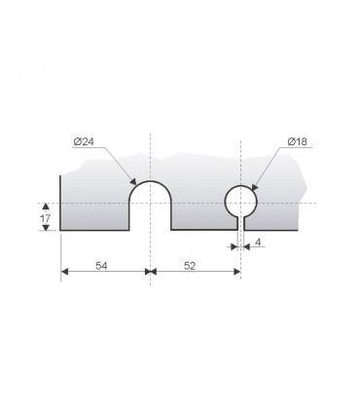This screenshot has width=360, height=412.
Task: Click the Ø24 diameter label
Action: tap(84, 141)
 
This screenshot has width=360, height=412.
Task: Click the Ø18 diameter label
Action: tap(297, 141)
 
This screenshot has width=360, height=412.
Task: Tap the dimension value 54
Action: tap(101, 266)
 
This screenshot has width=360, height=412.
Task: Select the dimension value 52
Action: tap(190, 266)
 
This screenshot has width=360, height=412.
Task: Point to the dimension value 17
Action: tap(46, 218)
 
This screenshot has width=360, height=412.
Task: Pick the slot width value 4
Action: tap(258, 243)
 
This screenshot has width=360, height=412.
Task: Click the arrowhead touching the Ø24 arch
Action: tap(132, 181)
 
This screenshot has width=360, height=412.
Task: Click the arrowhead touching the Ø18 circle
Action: tap(254, 187)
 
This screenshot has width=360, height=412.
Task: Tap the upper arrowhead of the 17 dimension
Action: tap(46, 206)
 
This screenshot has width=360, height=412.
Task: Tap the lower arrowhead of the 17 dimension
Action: tap(46, 227)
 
